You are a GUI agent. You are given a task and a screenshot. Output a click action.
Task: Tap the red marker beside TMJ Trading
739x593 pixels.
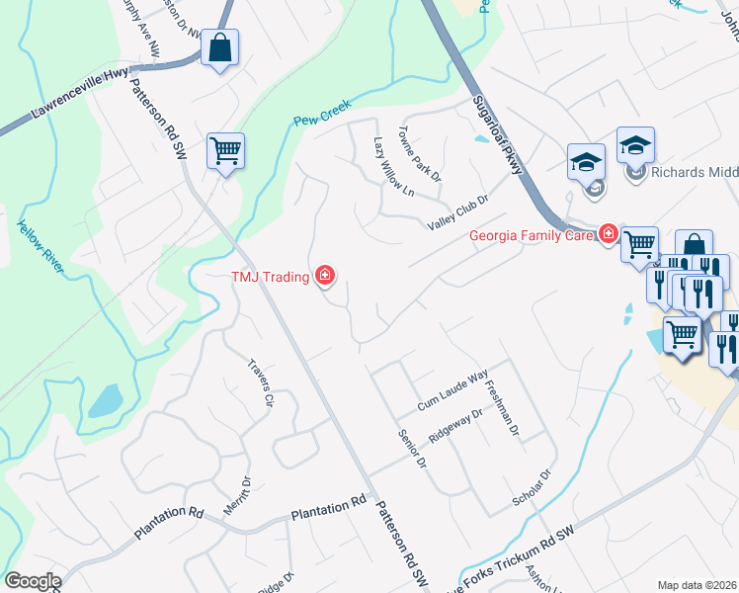324,276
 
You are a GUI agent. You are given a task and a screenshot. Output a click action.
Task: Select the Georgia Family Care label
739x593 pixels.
531,235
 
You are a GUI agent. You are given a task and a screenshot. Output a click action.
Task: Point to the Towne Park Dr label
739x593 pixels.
419,153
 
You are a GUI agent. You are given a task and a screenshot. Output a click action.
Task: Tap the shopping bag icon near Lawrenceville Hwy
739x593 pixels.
219,46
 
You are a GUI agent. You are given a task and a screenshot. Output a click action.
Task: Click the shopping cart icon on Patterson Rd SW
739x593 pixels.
225,151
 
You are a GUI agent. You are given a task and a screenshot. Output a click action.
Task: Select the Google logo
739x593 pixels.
33,580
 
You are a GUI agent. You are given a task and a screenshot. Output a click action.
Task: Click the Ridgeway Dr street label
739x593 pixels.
454,427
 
